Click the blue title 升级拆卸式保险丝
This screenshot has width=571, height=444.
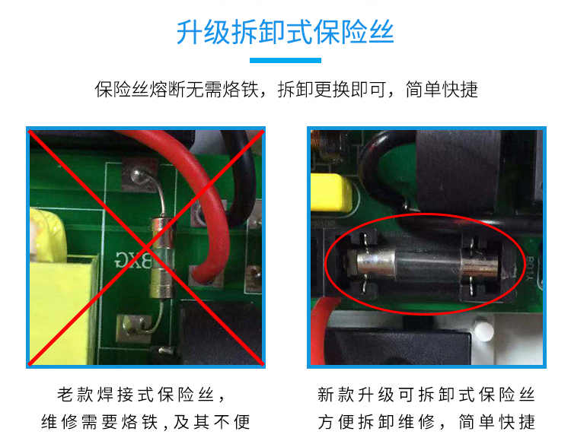285,33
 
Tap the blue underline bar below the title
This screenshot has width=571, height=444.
285,60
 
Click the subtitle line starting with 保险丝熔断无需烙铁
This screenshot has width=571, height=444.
286,90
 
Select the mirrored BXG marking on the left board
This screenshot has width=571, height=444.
133,259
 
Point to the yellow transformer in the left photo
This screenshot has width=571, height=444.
60,287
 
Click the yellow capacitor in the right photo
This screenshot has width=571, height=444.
330,192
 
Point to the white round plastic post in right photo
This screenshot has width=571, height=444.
483,331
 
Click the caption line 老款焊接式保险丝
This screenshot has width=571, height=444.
141,395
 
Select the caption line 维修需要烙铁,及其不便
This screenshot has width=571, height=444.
145,422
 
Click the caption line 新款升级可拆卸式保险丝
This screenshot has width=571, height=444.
426,395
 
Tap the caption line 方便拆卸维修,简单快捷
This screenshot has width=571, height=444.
426,422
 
